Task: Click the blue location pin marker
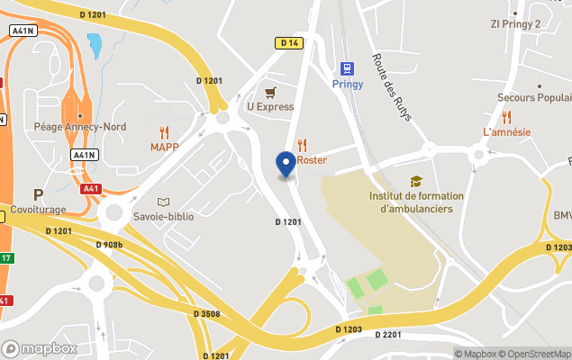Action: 286,165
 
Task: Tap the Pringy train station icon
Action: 347,68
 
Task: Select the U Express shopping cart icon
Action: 270,92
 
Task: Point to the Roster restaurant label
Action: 312,160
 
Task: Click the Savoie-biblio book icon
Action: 163,202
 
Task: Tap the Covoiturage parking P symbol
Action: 38,194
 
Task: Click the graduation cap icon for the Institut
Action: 415,181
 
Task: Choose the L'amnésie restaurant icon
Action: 506,116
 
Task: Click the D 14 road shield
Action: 288,42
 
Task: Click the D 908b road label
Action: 109,244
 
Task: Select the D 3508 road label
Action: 206,314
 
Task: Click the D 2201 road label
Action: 386,335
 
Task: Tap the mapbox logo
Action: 40,348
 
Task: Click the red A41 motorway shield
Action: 90,189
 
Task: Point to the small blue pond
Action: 94,44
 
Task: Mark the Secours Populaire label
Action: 535,97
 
